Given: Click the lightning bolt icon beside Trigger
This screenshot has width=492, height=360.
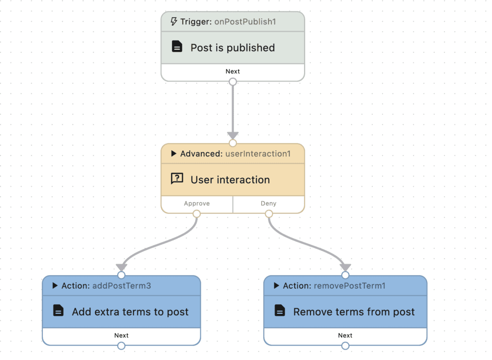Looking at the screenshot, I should pos(174,22).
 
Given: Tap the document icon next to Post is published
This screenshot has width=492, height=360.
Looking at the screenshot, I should pos(177,47).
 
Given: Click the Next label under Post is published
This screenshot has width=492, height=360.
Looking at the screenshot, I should pos(233,72).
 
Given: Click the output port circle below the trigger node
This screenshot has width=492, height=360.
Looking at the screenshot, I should pos(233,82).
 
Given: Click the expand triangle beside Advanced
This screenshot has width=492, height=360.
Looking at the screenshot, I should pos(174,154).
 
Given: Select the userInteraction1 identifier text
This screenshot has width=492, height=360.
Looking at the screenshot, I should pos(258,154).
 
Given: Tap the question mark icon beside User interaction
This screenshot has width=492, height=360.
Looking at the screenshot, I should pos(177,179).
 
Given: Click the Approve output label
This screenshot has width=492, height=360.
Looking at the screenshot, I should pos(197,204).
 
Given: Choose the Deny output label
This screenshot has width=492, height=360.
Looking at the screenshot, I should pos(269,204).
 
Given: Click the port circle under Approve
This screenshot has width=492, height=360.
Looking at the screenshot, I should pos(197,214).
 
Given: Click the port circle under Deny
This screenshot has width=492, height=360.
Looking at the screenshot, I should pos(269,214).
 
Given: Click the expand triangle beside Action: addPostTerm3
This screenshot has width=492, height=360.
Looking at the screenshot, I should pos(55,286).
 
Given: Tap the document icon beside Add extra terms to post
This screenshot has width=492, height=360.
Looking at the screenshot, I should pos(58,311).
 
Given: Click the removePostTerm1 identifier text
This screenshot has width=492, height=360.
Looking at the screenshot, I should pos(350,286).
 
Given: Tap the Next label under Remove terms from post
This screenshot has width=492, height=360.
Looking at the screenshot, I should pos(345,336).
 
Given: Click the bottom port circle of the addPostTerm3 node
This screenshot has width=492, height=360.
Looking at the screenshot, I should pos(121,346).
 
